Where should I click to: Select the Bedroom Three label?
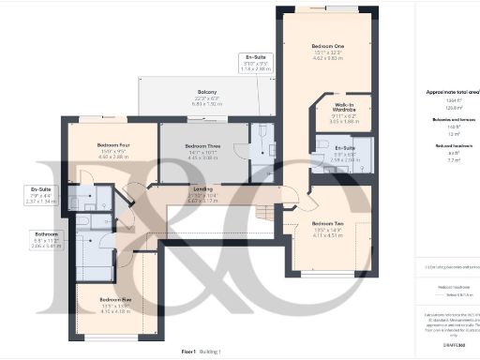click(x=202, y=147)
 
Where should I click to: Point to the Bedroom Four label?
click(x=112, y=146)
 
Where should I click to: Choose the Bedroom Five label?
click(x=113, y=299)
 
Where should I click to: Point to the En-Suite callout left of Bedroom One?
click(x=255, y=58)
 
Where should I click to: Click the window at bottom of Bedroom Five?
click(x=118, y=335)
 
